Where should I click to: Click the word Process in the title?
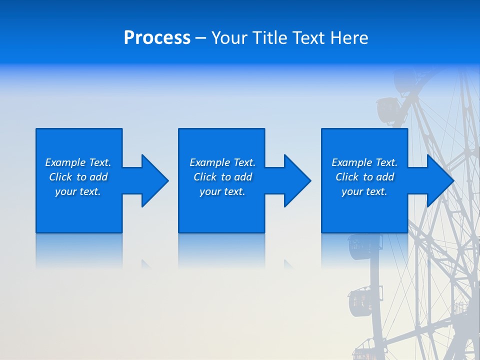coord(157,38)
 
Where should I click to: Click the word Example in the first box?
coord(65,162)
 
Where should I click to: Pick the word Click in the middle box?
coord(205,177)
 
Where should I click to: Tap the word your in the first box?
coord(65,191)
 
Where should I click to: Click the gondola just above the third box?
coord(387,109)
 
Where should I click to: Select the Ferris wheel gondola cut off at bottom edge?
coord(365,354)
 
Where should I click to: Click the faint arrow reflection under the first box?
coord(146,264)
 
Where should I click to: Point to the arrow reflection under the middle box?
coord(288,264)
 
